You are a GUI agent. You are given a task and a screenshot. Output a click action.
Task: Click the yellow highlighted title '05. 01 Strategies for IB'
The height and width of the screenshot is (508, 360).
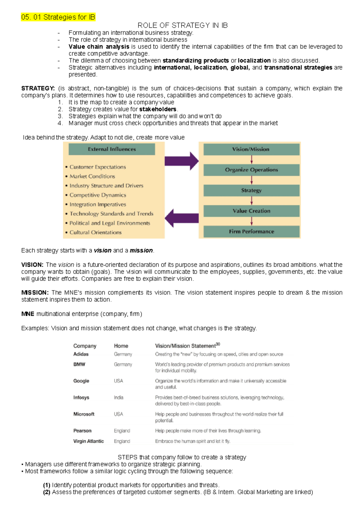(x=58, y=17)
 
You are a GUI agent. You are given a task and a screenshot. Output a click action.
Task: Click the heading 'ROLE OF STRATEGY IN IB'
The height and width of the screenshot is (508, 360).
(x=182, y=25)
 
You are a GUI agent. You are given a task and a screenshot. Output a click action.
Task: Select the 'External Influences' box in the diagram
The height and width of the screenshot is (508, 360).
(x=112, y=149)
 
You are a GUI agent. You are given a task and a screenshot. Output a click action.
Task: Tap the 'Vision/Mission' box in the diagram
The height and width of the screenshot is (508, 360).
(x=251, y=149)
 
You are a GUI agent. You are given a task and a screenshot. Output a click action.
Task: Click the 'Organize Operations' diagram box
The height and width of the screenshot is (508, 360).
(x=251, y=170)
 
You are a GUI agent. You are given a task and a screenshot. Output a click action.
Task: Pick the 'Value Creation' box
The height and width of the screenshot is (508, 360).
(x=251, y=211)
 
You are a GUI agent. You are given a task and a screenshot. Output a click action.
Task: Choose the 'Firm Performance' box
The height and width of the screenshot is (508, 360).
(x=251, y=232)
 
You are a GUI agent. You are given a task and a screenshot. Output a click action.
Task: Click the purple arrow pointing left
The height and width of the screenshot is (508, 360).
(x=182, y=218)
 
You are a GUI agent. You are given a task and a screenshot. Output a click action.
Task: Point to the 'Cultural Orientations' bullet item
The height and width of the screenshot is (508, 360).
(x=95, y=232)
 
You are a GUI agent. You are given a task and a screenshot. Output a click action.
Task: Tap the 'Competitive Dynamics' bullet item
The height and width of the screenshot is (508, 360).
(x=97, y=195)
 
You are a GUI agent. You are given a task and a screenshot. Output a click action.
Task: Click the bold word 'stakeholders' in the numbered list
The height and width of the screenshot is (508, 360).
(x=158, y=109)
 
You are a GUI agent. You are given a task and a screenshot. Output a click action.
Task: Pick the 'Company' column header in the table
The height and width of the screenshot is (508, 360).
(x=85, y=346)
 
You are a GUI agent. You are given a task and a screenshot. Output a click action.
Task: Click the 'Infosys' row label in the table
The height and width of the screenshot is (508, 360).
(x=81, y=397)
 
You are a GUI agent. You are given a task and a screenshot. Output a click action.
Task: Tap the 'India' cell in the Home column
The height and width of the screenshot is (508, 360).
(x=118, y=397)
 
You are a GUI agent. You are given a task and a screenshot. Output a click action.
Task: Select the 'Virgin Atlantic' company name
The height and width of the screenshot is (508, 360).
(x=88, y=441)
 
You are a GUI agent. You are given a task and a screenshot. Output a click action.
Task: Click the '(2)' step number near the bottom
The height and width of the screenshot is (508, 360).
(x=46, y=492)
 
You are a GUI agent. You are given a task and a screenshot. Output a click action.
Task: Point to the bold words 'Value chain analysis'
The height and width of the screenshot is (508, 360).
(x=99, y=47)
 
